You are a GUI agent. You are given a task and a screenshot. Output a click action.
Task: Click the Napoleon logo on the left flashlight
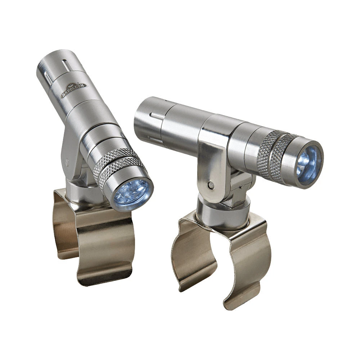pos(74,90)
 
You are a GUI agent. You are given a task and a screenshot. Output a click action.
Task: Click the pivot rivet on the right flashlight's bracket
pos(211,185)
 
